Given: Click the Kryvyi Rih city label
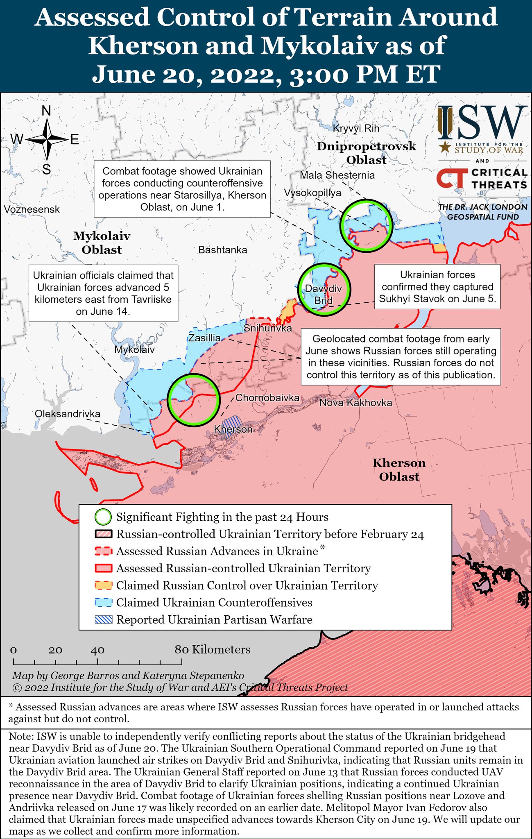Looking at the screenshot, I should pyautogui.click(x=356, y=128).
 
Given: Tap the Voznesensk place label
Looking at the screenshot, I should pyautogui.click(x=32, y=209).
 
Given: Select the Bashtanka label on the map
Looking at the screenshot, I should pyautogui.click(x=222, y=250).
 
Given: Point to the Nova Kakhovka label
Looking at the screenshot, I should pyautogui.click(x=355, y=403).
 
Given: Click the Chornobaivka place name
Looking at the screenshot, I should pyautogui.click(x=267, y=398).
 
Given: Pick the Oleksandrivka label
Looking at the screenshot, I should pyautogui.click(x=68, y=414).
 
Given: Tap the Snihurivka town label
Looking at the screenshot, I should pyautogui.click(x=267, y=328).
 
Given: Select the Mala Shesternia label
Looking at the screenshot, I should pyautogui.click(x=337, y=175).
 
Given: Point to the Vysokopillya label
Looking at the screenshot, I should pyautogui.click(x=312, y=193).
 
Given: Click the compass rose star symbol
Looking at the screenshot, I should pyautogui.click(x=47, y=139).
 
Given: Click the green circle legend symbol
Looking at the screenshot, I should pyautogui.click(x=103, y=517).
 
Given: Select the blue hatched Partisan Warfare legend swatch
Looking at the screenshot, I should pyautogui.click(x=103, y=620).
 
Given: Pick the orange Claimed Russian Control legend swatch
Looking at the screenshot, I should pyautogui.click(x=103, y=585).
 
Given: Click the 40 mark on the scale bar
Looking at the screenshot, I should pyautogui.click(x=97, y=651).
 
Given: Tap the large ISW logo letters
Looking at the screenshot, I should pyautogui.click(x=482, y=122).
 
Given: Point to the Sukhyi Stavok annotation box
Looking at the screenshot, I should pyautogui.click(x=437, y=287).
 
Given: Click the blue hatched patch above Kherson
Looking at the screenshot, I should pyautogui.click(x=232, y=422).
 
